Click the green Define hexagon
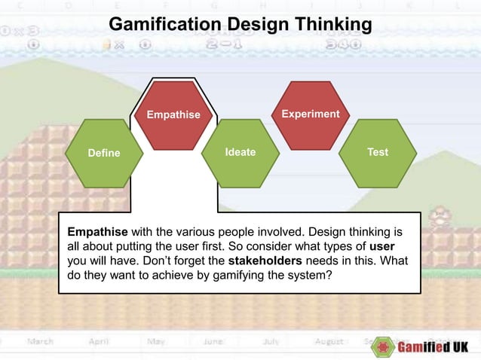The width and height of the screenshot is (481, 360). click(x=104, y=153)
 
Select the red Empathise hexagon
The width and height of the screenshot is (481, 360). click(x=173, y=115)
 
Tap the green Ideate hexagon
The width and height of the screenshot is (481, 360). click(x=240, y=153)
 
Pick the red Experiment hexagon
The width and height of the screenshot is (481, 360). click(x=310, y=114)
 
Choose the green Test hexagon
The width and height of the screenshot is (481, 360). click(x=378, y=153)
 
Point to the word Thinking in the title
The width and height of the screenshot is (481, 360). click(x=331, y=25)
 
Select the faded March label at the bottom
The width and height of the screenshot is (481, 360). click(x=41, y=341)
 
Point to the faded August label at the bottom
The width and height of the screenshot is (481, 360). click(x=329, y=341)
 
